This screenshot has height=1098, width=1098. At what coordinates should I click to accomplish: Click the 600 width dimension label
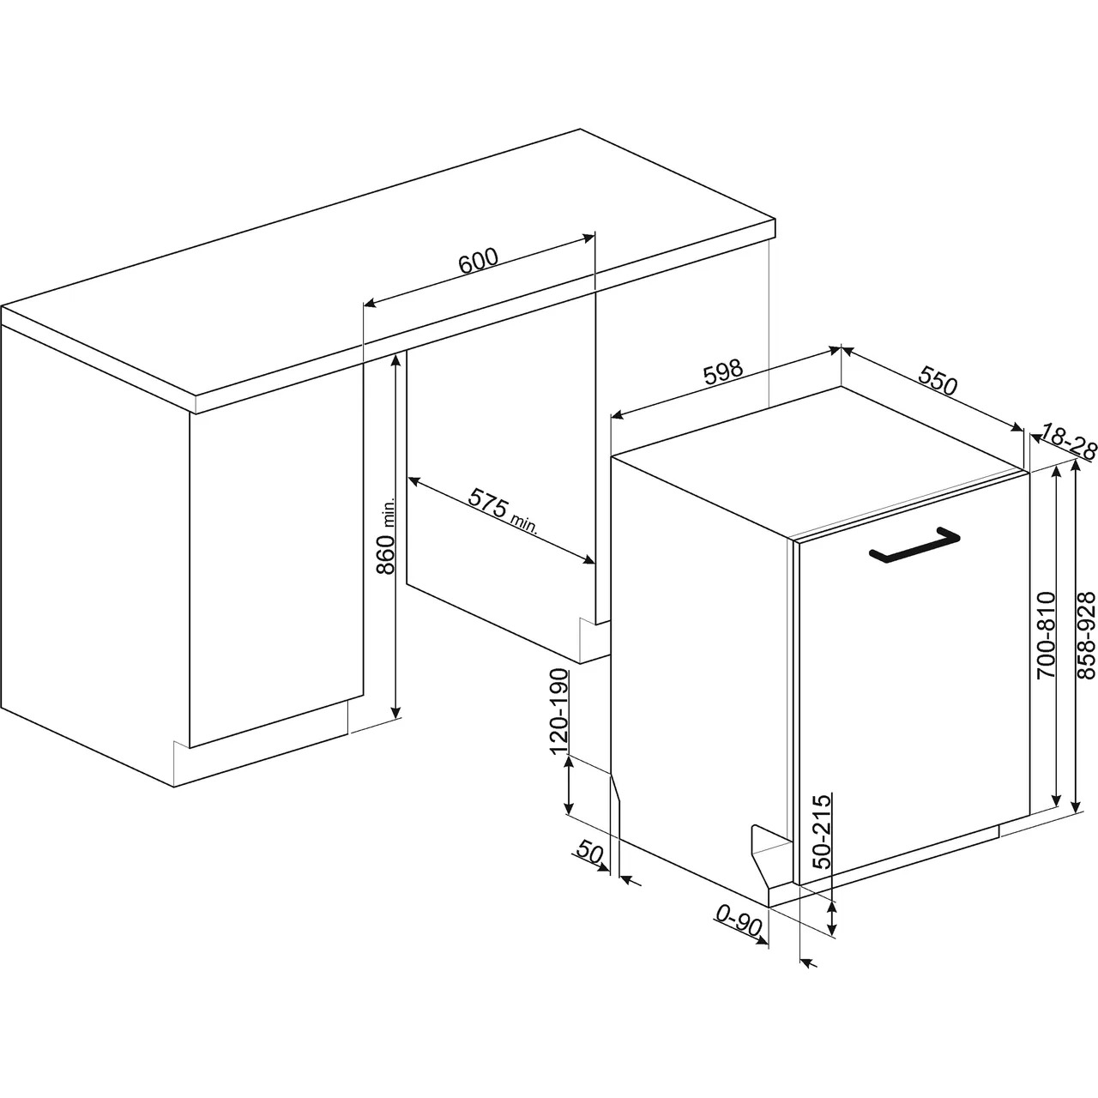(479, 261)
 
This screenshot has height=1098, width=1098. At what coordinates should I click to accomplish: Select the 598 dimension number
(724, 372)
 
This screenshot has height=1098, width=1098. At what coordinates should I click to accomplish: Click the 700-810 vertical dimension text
(1047, 627)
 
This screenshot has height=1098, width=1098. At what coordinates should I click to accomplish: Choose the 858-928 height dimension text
(1088, 627)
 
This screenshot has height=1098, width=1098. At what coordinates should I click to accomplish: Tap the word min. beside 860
(389, 512)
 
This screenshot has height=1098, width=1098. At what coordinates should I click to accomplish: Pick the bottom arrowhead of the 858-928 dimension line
(1075, 806)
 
